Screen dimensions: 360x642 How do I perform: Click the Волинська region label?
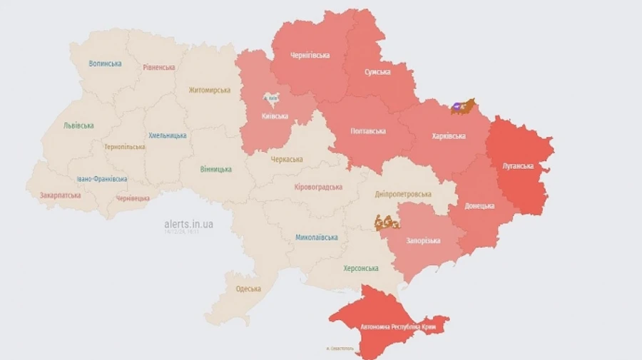[105, 63]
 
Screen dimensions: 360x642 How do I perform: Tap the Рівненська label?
[158, 67]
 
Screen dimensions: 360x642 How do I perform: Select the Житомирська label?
[209, 91]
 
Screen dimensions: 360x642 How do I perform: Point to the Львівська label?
[78, 125]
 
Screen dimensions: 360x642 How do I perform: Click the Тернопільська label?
[124, 147]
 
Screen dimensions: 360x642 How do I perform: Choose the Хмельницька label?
[168, 135]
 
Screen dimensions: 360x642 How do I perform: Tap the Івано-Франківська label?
[102, 179]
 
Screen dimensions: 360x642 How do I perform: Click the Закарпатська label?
[61, 195]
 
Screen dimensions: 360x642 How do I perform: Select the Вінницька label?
[215, 169]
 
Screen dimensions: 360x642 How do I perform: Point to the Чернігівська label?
[310, 55]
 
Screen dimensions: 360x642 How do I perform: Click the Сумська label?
[377, 72]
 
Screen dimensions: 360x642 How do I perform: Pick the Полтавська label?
[368, 131]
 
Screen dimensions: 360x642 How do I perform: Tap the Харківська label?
[449, 135]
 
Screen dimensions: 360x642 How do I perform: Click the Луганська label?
[519, 165]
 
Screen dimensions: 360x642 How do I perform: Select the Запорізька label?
[424, 240]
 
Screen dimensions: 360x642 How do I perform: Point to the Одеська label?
[248, 289]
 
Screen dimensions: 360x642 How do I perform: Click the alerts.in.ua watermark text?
[188, 224]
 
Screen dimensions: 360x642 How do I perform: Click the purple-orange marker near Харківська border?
[462, 107]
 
